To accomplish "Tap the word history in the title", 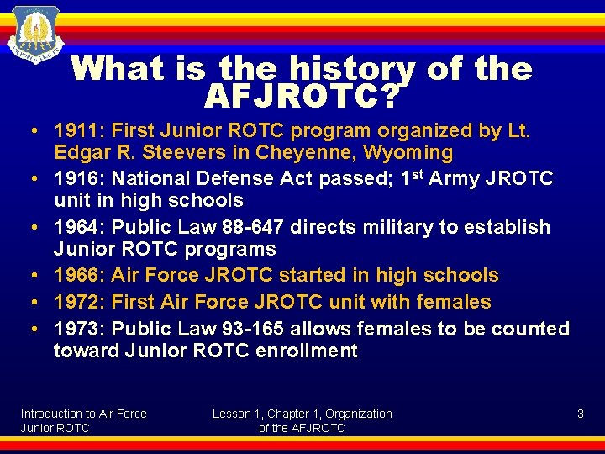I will [x=317, y=69].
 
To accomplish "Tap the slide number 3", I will [x=580, y=414].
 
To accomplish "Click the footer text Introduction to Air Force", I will [x=83, y=414].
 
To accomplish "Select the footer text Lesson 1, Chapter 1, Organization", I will [x=302, y=414].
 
